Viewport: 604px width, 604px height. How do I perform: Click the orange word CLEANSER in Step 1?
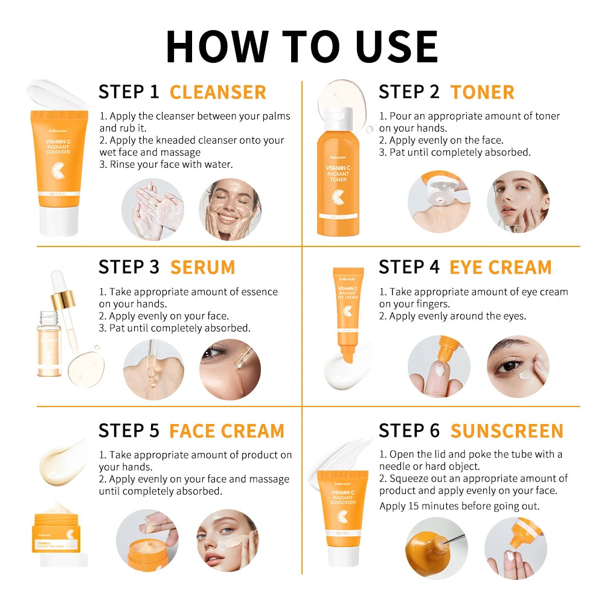[217, 92]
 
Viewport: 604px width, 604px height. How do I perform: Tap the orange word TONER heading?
[482, 92]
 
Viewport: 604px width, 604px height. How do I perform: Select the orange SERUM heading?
[202, 267]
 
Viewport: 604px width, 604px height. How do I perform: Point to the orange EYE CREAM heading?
[500, 267]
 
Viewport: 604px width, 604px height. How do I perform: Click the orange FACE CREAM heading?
[226, 431]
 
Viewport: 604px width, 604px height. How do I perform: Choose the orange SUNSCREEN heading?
[506, 431]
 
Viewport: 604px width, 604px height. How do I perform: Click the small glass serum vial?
[48, 344]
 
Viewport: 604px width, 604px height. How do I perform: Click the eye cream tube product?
[349, 308]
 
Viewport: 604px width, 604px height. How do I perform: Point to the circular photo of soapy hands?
[152, 209]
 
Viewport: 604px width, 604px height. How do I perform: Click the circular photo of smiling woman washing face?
[230, 209]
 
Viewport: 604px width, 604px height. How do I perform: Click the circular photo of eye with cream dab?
[518, 367]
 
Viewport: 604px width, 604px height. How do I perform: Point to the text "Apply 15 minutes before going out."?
[459, 506]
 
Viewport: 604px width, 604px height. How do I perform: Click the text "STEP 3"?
[129, 267]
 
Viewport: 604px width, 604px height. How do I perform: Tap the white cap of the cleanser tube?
[59, 220]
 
